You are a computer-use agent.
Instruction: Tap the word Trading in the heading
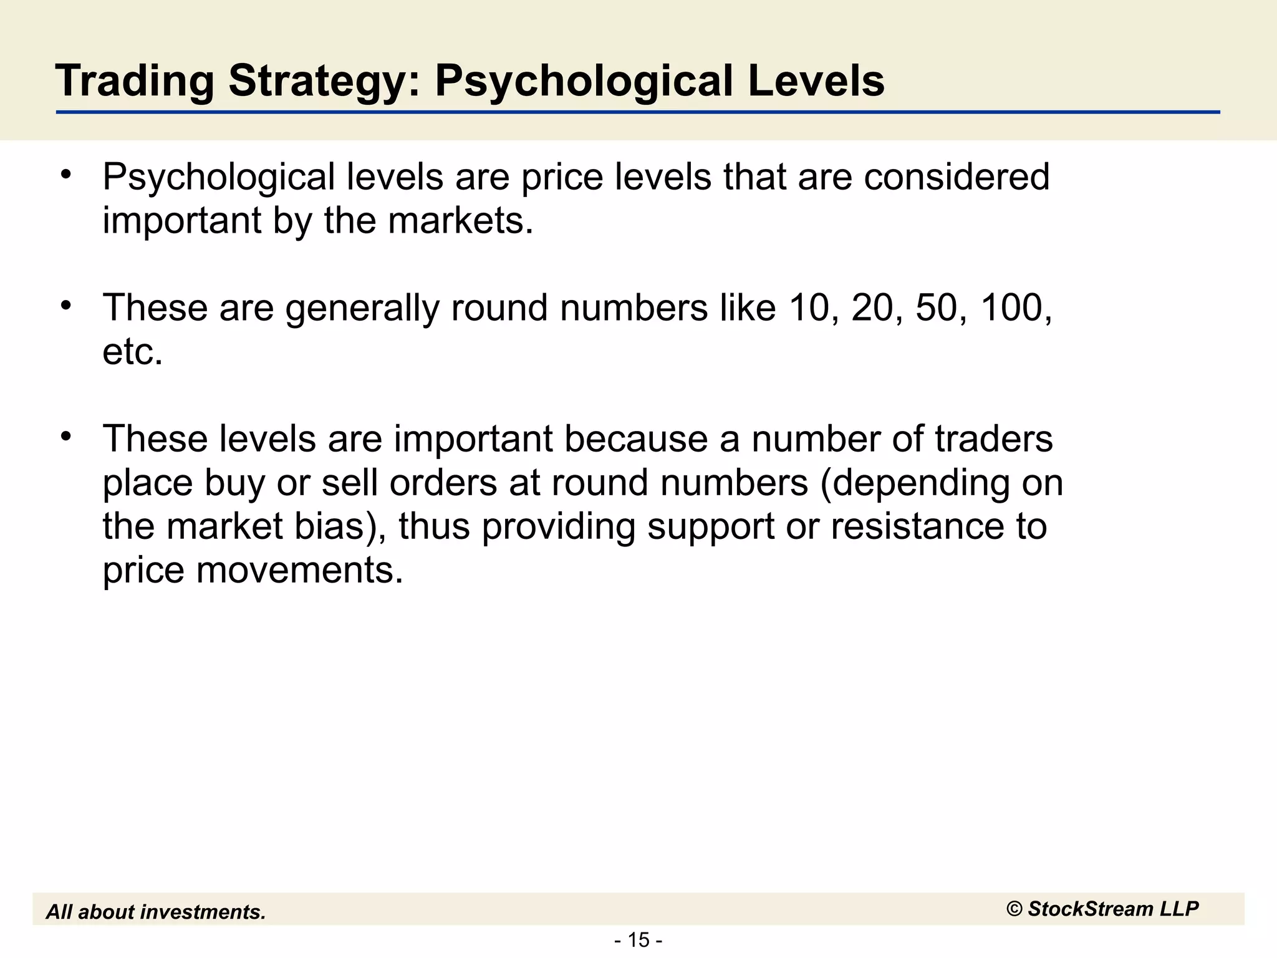(134, 82)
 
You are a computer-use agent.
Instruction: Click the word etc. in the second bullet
(132, 352)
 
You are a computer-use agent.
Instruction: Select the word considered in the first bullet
(957, 177)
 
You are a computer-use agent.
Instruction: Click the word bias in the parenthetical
(334, 526)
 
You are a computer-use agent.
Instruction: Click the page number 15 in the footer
(638, 939)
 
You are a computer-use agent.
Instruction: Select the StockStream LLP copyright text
(1102, 909)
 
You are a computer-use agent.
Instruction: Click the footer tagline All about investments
(156, 912)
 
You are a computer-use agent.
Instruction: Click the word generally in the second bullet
(362, 309)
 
